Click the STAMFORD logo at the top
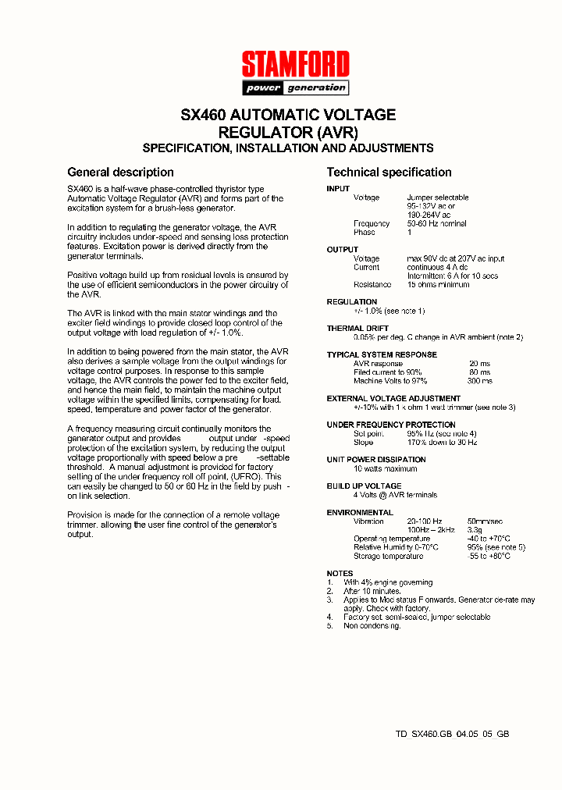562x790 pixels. [295, 64]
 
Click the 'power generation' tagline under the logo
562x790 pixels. [295, 87]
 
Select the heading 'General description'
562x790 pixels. [120, 173]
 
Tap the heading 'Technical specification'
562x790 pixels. [389, 173]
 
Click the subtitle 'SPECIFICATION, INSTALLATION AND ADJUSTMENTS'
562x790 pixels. [287, 148]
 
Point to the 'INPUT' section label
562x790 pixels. [338, 189]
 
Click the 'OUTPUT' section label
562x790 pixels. [342, 250]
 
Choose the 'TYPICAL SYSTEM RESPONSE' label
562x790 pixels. [382, 355]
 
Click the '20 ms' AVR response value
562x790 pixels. [479, 364]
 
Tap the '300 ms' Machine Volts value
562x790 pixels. [479, 381]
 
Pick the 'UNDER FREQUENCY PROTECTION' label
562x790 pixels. [391, 425]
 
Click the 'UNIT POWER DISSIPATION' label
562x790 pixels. [376, 460]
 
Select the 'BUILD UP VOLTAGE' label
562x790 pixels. [364, 486]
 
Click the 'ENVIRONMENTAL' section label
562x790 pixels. [360, 513]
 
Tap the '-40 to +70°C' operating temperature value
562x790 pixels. [488, 539]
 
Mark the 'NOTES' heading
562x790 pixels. [340, 574]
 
